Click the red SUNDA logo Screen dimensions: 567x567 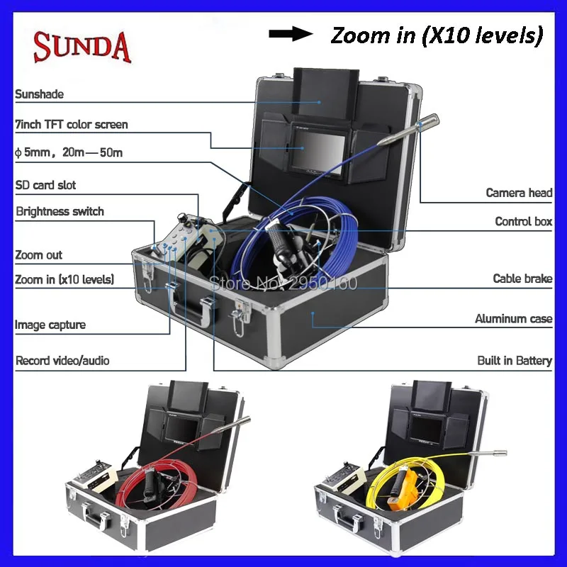pos(82,47)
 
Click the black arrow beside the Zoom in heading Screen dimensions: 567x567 pos(291,34)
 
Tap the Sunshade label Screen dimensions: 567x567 pos(40,94)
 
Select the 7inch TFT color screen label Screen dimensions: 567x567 pos(72,125)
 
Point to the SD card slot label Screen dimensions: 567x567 pos(45,185)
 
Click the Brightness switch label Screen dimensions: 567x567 pos(60,211)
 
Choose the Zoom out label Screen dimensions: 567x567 pos(39,255)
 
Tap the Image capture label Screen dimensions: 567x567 pos(50,325)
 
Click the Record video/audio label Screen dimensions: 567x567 pos(62,361)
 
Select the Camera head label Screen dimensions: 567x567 pos(519,193)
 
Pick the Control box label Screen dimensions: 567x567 pos(523,221)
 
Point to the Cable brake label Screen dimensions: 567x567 pos(522,279)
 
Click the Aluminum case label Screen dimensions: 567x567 pos(513,318)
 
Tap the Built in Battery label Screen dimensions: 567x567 pos(515,361)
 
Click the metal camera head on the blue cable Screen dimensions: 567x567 pos(409,130)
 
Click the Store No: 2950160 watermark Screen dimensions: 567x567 pos(283,283)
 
